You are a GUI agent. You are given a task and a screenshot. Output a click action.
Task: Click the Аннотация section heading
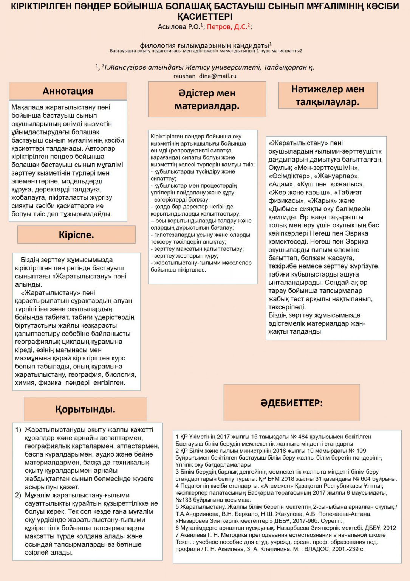pos(68,91)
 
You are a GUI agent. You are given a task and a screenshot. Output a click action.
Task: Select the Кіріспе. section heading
pos(76,235)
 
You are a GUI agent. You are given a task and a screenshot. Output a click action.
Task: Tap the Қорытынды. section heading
pos(85,409)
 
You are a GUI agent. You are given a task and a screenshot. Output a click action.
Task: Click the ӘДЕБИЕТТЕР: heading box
pos(291,403)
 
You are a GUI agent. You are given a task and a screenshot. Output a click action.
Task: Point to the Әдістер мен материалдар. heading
pos(207,99)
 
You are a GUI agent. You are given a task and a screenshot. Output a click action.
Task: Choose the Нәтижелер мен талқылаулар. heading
pos(328,95)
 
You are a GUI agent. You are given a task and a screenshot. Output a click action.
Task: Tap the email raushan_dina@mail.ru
pos(205,76)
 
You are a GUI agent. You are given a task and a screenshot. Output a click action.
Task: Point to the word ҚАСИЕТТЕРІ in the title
pos(205,17)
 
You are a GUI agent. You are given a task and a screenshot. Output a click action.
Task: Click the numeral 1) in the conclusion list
pos(18,430)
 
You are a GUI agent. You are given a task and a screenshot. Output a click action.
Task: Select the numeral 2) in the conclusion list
pos(18,495)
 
